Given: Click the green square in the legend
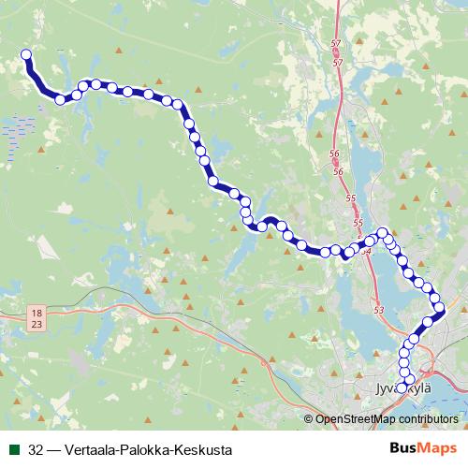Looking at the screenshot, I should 11,449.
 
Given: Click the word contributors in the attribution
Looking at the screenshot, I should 430,418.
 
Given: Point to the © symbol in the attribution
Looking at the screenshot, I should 310,418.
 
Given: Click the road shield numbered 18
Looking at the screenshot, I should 36,312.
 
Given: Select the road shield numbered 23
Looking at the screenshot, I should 36,323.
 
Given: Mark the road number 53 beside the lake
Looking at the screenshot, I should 378,309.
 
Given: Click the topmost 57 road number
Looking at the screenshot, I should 338,45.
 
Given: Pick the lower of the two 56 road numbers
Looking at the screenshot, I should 338,172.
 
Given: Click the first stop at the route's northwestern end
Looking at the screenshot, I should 26,55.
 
